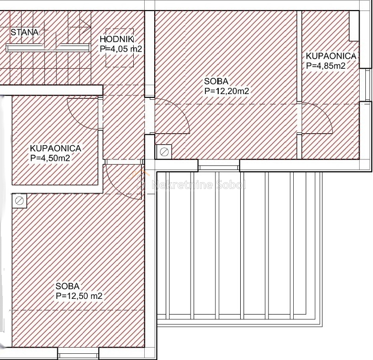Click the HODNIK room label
(117, 39)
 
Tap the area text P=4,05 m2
(121, 49)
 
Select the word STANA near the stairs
(24, 32)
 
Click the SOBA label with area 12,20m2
(216, 81)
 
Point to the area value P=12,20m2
(227, 91)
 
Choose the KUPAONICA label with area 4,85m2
(331, 56)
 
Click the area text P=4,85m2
(326, 65)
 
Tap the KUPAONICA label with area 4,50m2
(55, 148)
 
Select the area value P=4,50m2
(50, 158)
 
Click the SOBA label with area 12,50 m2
(67, 286)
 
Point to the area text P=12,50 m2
(79, 296)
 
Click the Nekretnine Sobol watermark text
(199, 184)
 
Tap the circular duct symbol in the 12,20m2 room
(164, 152)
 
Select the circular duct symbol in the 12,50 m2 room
(19, 201)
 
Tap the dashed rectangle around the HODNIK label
(120, 48)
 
